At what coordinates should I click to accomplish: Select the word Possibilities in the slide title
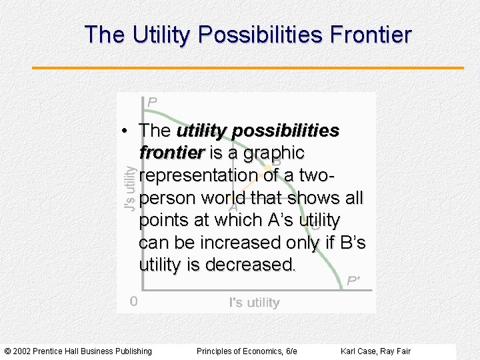pos(249,35)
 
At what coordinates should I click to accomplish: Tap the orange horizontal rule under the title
pos(247,68)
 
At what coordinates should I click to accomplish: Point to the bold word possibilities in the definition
pos(291,131)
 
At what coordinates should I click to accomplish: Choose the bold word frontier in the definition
pos(171,153)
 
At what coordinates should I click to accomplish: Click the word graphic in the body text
pos(275,153)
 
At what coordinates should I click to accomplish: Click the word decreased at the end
pos(250,265)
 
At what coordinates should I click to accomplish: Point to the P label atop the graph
pos(153,102)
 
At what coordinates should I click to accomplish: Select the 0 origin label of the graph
pos(134,301)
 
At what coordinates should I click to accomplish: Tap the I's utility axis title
pos(254,303)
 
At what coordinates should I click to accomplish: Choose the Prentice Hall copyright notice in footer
pos(78,351)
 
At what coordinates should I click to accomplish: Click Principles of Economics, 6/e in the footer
pos(247,351)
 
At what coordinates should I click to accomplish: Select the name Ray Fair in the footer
pos(397,351)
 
